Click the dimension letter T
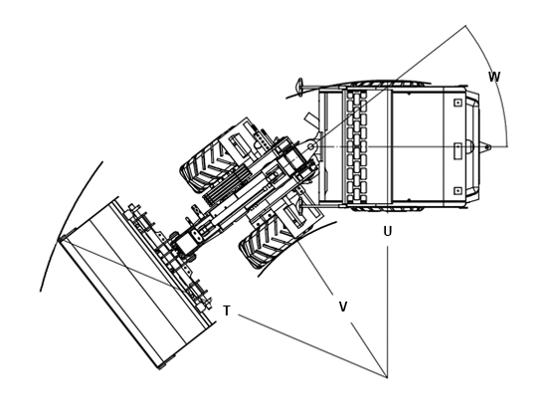tap(227, 310)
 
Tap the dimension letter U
tap(388, 231)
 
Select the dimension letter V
tap(343, 307)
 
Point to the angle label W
tap(494, 77)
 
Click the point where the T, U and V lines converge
tap(387, 377)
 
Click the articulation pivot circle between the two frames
tap(311, 147)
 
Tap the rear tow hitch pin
tap(487, 147)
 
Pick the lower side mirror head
tap(299, 206)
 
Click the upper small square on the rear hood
tap(457, 102)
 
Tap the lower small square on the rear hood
tap(457, 191)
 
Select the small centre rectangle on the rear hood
tap(457, 151)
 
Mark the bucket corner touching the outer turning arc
tap(59, 239)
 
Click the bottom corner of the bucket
tap(160, 368)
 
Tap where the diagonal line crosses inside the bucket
tap(128, 268)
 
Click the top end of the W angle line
tap(465, 26)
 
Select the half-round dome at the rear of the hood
tap(469, 146)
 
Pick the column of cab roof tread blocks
tap(357, 146)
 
